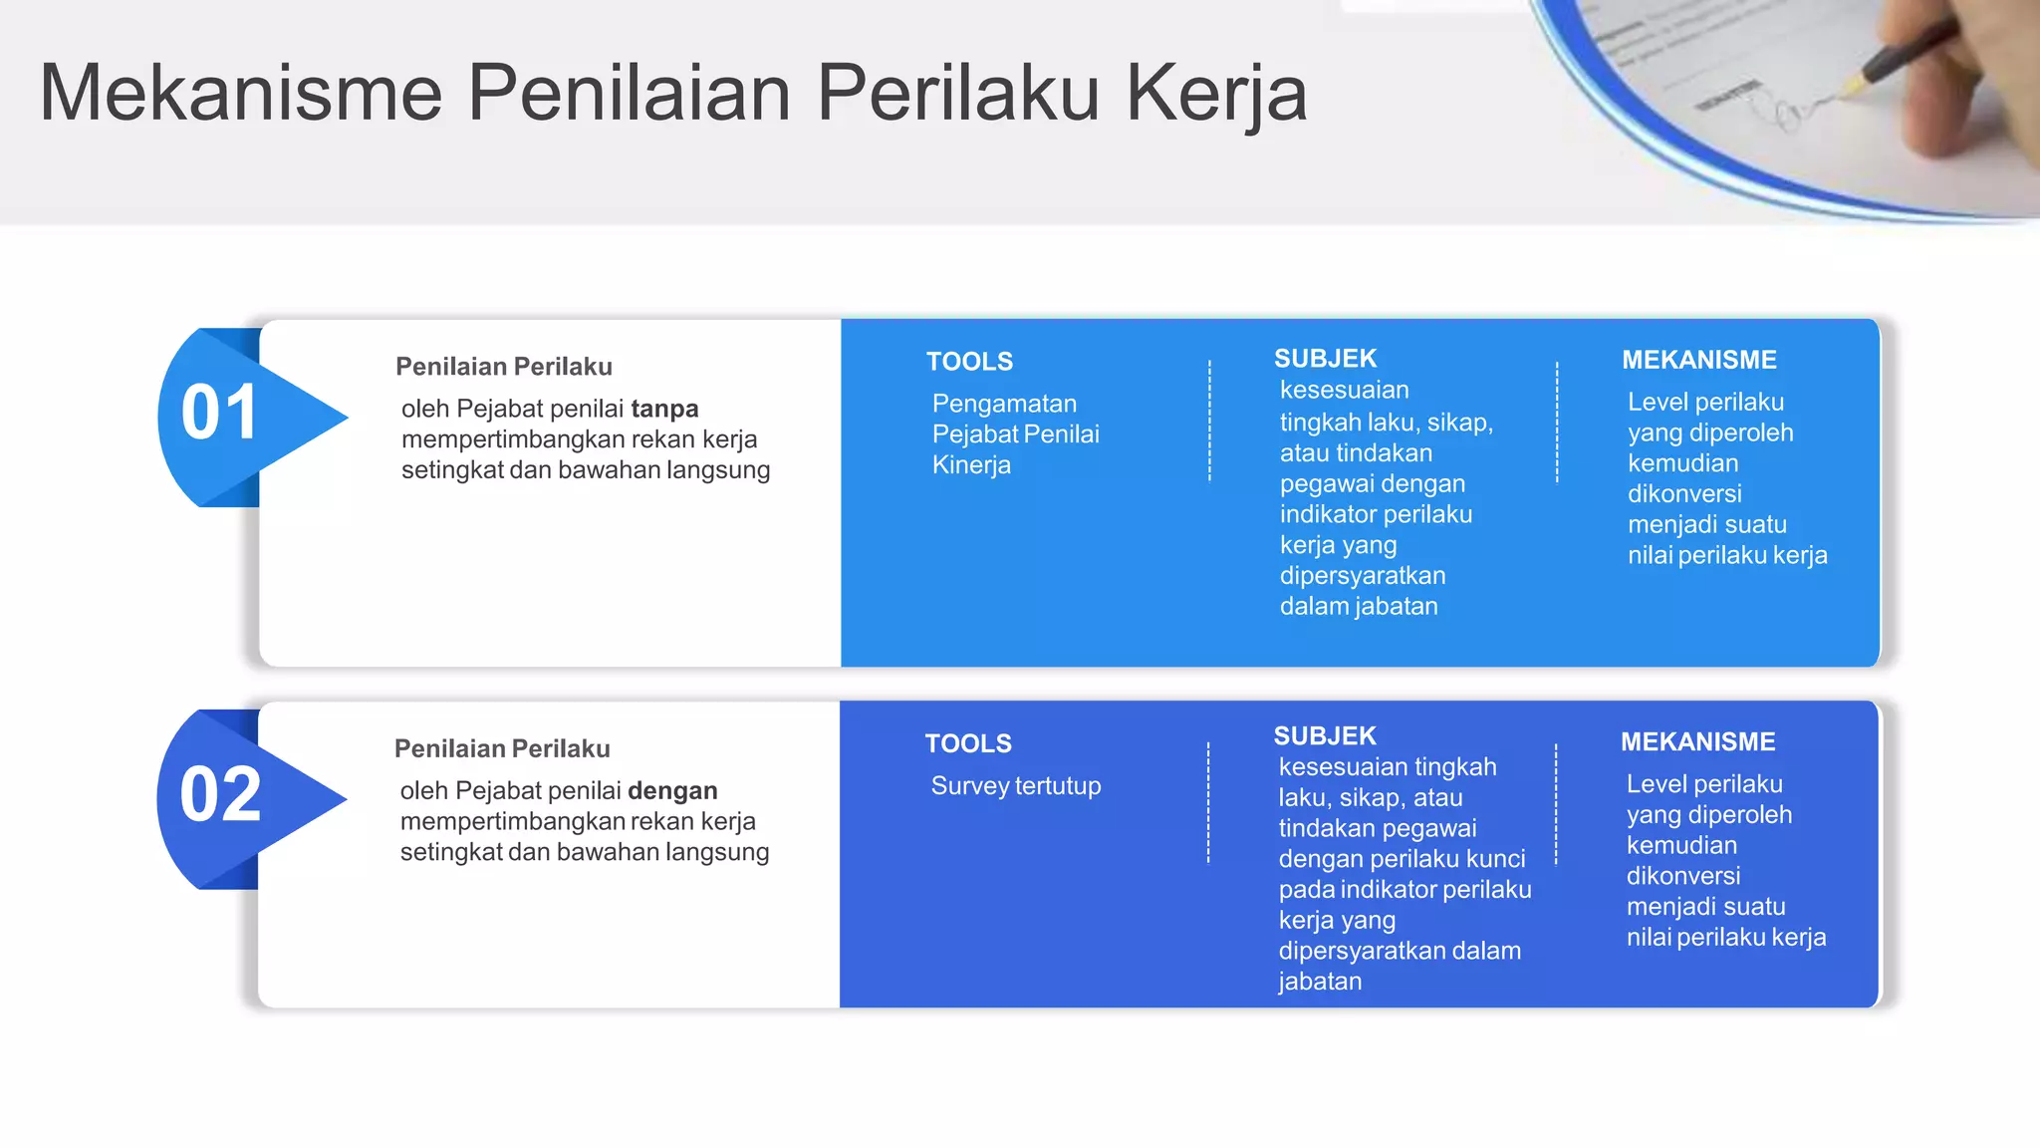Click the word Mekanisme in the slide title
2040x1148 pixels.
pyautogui.click(x=240, y=93)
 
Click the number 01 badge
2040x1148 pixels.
pyautogui.click(x=220, y=413)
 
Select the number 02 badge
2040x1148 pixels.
pyautogui.click(x=220, y=795)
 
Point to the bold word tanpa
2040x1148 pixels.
pyautogui.click(x=664, y=409)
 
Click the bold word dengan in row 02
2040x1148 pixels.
pyautogui.click(x=672, y=790)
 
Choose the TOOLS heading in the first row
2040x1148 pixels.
pyautogui.click(x=969, y=362)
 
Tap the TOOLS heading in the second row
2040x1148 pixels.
pyautogui.click(x=968, y=743)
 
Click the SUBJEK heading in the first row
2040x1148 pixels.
pyautogui.click(x=1325, y=359)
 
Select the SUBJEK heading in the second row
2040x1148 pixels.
pyautogui.click(x=1324, y=736)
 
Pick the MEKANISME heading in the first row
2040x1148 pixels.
pyautogui.click(x=1698, y=360)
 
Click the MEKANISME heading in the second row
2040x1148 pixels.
pyautogui.click(x=1697, y=741)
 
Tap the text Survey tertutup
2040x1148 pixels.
pyautogui.click(x=1015, y=786)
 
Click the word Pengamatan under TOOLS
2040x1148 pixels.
pyautogui.click(x=1004, y=404)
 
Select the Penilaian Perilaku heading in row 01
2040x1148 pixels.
pyautogui.click(x=504, y=367)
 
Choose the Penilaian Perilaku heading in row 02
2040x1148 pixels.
pyautogui.click(x=502, y=748)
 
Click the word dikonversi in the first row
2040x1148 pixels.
pyautogui.click(x=1684, y=494)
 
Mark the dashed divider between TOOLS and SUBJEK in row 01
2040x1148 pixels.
pyautogui.click(x=1209, y=421)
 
